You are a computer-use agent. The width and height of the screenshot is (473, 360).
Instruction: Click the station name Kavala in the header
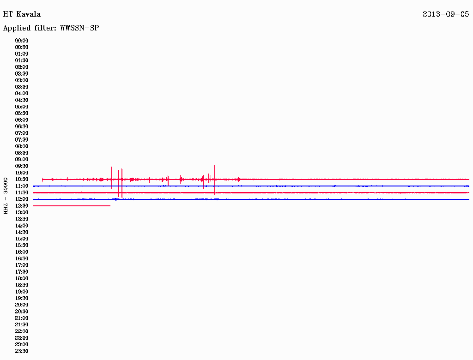click(x=28, y=14)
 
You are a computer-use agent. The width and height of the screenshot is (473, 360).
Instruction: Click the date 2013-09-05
click(x=446, y=14)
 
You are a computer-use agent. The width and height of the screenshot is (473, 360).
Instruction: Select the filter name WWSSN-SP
click(x=79, y=28)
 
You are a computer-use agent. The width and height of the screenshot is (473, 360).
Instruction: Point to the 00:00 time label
click(x=22, y=41)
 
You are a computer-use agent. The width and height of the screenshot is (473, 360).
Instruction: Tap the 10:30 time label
click(x=22, y=180)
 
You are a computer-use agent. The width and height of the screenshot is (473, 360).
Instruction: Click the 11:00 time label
click(x=22, y=186)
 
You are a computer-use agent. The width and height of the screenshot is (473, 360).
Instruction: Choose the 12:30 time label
click(x=22, y=206)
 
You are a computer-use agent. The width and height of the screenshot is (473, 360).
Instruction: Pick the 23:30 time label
click(x=22, y=351)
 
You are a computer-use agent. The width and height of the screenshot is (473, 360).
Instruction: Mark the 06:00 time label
click(x=22, y=120)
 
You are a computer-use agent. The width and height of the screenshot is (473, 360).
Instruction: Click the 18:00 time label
click(x=22, y=279)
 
